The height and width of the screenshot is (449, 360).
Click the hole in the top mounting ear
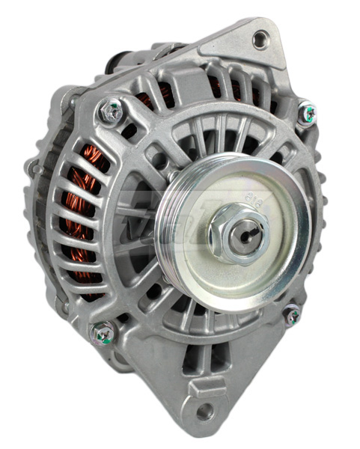(260, 40)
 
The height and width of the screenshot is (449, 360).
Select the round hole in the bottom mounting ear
(204, 411)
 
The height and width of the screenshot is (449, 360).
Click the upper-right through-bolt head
(307, 114)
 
